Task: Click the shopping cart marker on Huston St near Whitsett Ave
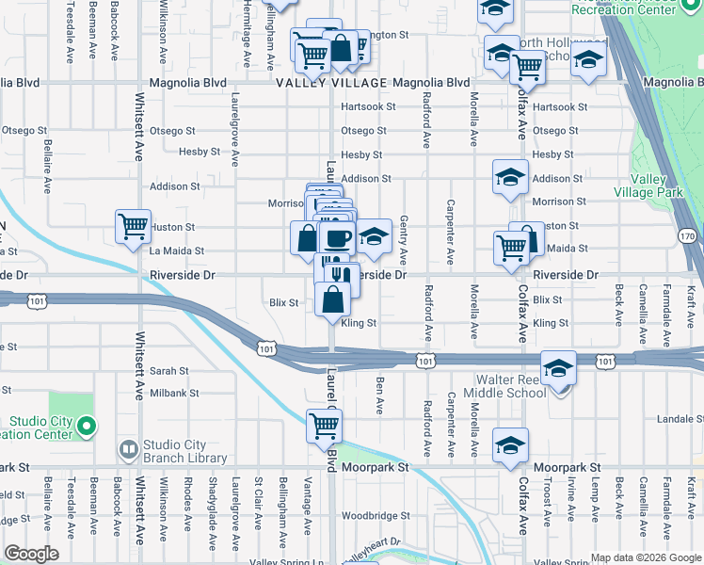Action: point(133,226)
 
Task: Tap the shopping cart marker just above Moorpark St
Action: point(325,425)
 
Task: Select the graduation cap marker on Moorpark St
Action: point(510,444)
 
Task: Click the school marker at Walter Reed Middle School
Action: point(558,368)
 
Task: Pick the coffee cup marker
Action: point(336,236)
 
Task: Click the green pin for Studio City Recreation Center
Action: point(86,428)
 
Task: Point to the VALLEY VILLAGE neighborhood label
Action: point(331,84)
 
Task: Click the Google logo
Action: point(31,554)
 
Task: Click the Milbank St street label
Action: point(174,393)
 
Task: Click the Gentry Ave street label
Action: point(405,238)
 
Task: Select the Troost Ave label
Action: point(547,506)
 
